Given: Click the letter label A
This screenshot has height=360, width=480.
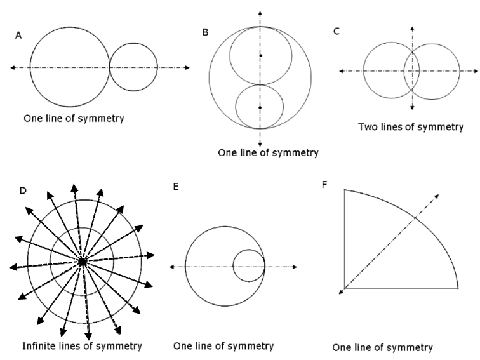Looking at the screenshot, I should tap(19, 37).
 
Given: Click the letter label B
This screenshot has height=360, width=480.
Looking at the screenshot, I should tap(205, 32).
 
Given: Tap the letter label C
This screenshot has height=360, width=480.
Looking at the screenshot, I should tap(337, 30).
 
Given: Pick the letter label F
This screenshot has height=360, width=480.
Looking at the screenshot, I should tap(326, 186).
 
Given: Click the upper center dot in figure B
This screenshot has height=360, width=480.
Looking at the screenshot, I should tap(260, 56).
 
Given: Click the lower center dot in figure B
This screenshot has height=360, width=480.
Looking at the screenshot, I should tap(260, 108).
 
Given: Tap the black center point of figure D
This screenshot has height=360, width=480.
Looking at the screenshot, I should tap(82, 261).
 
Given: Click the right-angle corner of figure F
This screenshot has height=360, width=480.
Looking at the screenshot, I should tap(344, 288).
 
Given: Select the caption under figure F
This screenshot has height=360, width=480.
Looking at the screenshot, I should tap(382, 347).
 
